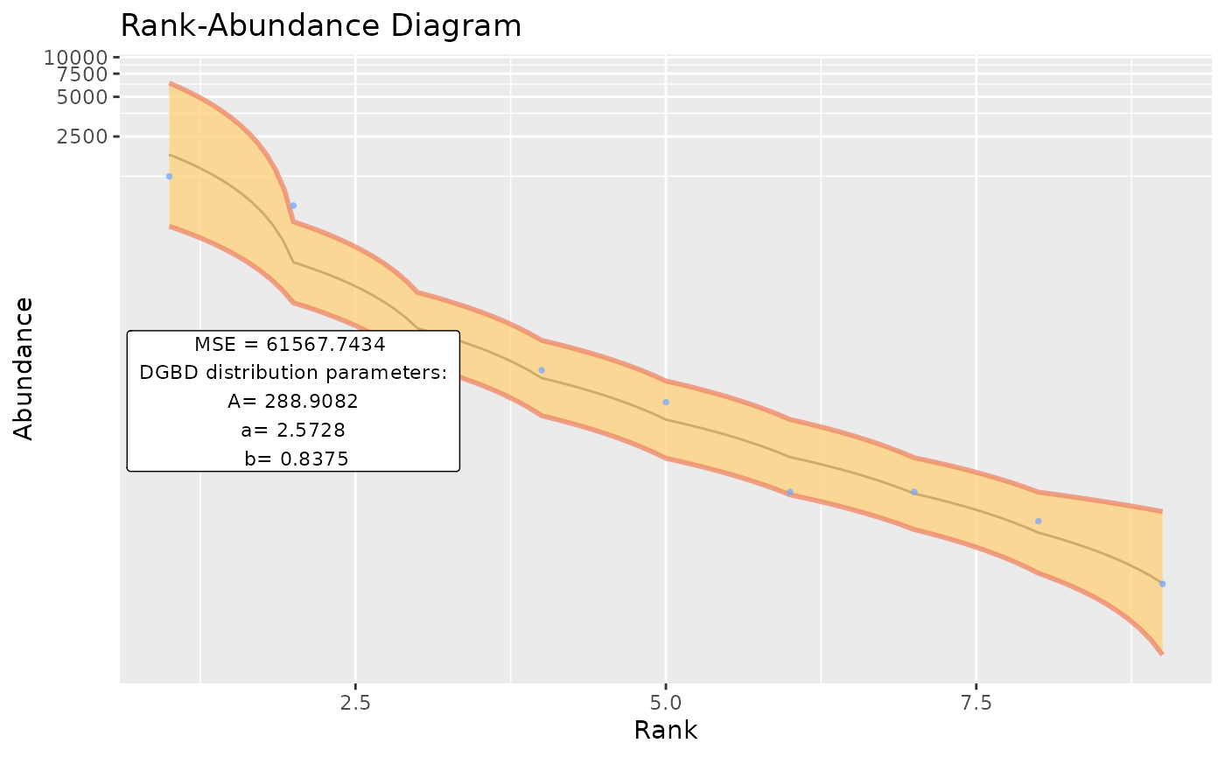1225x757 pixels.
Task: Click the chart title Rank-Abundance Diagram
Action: [x=320, y=26]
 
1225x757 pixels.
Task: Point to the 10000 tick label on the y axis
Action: [x=76, y=58]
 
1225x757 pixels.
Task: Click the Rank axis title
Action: [x=665, y=731]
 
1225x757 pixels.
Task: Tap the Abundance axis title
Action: [x=24, y=368]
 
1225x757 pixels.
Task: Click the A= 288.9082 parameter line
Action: [x=293, y=401]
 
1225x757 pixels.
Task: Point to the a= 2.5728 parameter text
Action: [x=293, y=430]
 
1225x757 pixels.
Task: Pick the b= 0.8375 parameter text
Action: [x=293, y=458]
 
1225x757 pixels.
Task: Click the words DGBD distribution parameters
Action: [x=293, y=373]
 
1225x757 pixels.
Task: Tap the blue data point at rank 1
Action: [x=169, y=177]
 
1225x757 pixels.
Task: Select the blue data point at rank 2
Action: [x=293, y=206]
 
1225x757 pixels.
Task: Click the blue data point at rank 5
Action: [x=666, y=403]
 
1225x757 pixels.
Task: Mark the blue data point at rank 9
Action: [x=1162, y=584]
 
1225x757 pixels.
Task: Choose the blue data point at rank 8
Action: [x=1038, y=522]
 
